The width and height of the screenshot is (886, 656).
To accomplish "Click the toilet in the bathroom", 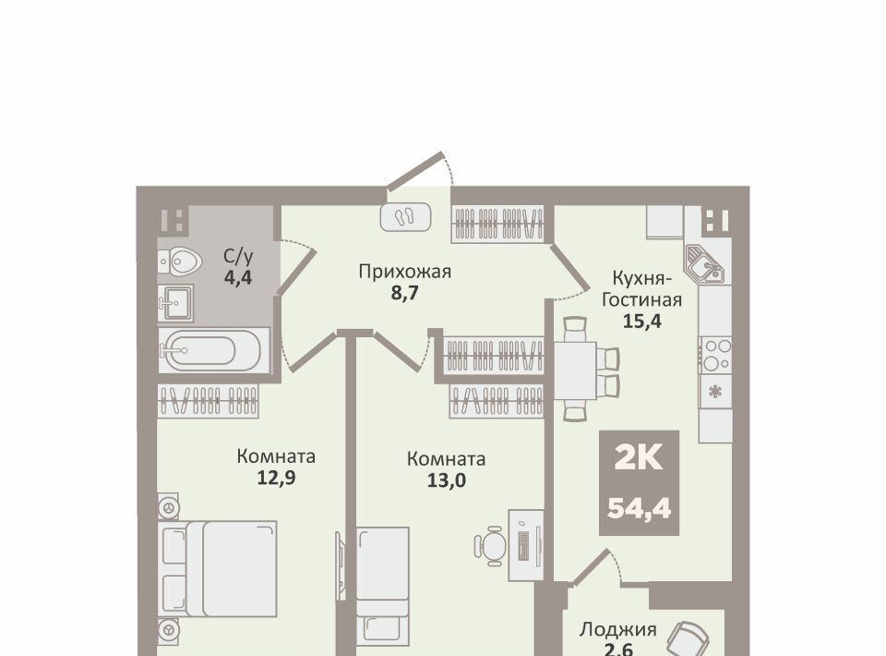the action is coord(180,261).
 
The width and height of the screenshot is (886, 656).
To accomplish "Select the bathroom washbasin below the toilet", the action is coord(175,303).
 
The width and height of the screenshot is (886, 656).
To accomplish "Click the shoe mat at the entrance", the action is coord(406,216).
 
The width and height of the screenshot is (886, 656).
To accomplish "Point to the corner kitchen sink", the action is coord(704,264).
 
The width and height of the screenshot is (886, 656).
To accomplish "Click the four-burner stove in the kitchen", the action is coord(716,355).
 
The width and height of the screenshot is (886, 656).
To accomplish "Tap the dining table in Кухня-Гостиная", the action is coord(575,371).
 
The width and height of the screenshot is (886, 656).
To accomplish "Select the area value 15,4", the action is coord(641,322).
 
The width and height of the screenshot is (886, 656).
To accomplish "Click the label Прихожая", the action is coord(404,272).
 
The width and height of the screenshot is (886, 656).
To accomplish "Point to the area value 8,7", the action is coord(404,294).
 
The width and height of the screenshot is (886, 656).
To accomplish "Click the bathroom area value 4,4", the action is coord(238,278).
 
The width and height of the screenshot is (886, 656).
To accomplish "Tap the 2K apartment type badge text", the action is coord(639,458).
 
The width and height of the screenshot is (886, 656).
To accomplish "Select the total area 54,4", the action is coord(639,508).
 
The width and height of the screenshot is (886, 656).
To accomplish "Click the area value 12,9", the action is coord(276,478).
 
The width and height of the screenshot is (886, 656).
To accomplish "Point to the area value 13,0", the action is coord(447,480).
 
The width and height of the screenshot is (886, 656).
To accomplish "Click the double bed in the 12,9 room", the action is coord(218,568).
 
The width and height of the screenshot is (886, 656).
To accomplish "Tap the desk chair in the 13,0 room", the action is coord(489,546).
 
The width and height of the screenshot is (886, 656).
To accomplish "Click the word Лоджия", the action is coord(618,629).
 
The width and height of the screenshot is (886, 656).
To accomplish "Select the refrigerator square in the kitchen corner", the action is coord(665,221).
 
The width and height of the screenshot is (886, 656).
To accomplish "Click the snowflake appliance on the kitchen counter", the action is coord(715,391).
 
